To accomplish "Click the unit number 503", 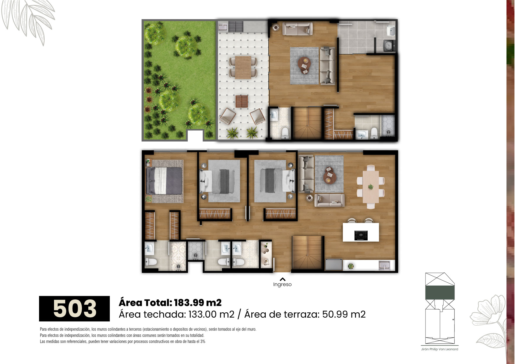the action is pyautogui.click(x=75, y=309).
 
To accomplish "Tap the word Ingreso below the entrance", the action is pyautogui.click(x=282, y=284).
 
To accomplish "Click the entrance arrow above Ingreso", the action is pyautogui.click(x=282, y=279).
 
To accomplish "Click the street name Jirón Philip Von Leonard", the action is pyautogui.click(x=440, y=349).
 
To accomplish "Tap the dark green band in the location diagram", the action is pyautogui.click(x=440, y=293).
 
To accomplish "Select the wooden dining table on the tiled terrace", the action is pyautogui.click(x=243, y=67).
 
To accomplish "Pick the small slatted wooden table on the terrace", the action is pyautogui.click(x=242, y=101).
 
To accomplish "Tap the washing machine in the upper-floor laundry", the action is pyautogui.click(x=389, y=45).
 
